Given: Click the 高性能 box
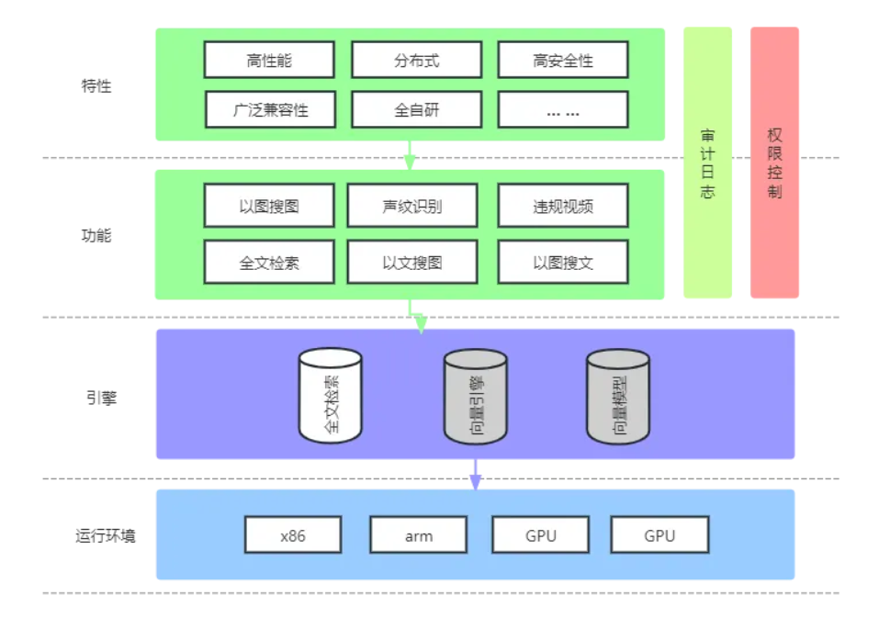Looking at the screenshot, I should click(268, 61).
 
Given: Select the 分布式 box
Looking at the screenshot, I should click(416, 61).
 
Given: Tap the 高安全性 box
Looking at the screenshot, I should click(563, 61).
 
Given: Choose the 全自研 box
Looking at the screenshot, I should click(416, 110).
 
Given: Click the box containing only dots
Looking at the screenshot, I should click(563, 110).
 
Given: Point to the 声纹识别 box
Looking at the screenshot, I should click(411, 206).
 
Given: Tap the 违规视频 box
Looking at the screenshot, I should click(563, 206).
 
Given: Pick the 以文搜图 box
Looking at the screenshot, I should click(411, 263).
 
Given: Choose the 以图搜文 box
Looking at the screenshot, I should click(563, 263).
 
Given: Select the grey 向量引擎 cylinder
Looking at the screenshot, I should click(475, 397).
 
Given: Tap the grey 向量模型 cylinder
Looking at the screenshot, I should click(618, 397).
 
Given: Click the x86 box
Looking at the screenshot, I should click(293, 535).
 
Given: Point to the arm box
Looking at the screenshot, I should click(418, 535).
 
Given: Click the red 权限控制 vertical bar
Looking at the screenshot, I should click(774, 163).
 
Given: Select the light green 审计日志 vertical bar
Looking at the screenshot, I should click(707, 163).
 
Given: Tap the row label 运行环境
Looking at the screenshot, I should click(105, 535).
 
